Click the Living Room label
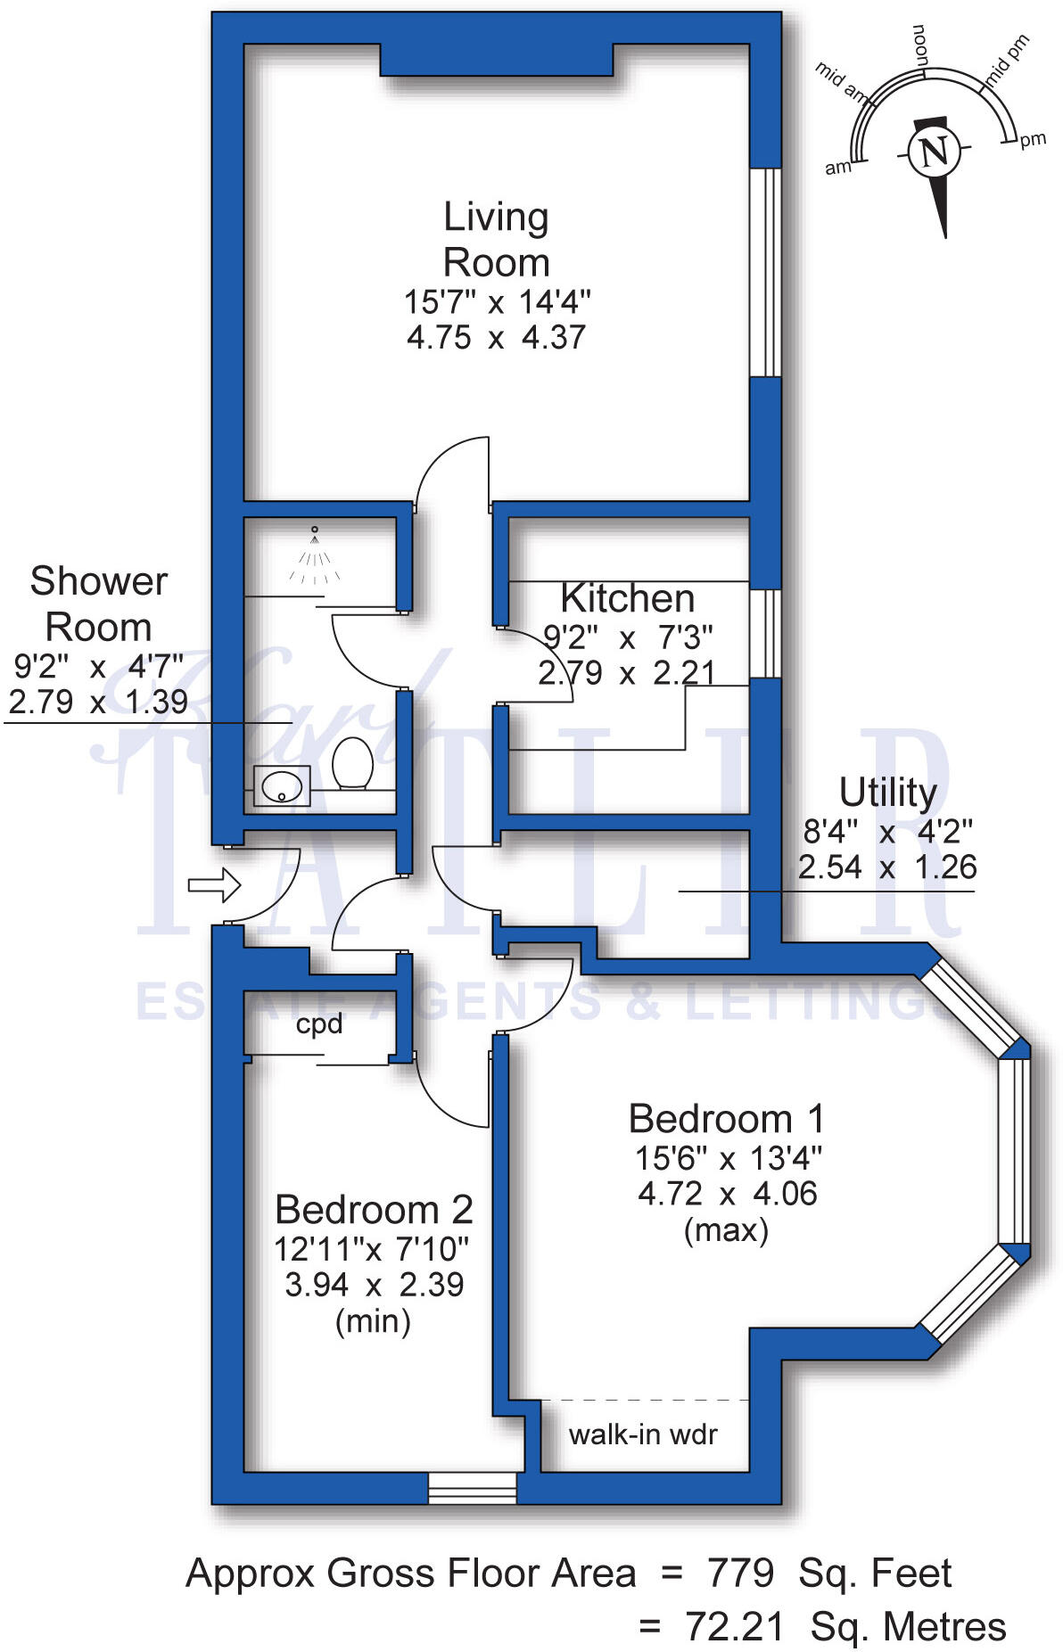[496, 240]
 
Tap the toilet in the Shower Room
[352, 763]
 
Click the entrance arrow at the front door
[214, 885]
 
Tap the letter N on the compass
[934, 152]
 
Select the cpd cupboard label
[319, 1023]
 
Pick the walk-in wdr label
[643, 1434]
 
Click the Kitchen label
[628, 598]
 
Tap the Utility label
[887, 792]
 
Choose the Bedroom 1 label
[727, 1119]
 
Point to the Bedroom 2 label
[374, 1210]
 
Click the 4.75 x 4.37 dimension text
[496, 338]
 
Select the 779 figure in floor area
[740, 1574]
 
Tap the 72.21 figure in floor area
[735, 1627]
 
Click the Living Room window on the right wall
[765, 272]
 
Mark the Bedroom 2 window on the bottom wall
[473, 1488]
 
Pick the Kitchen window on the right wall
[765, 634]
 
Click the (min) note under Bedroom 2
[373, 1320]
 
